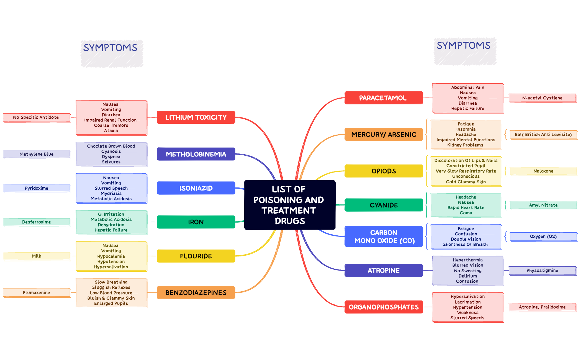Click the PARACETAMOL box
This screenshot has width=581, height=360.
(x=383, y=98)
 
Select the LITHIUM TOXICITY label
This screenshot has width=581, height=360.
(x=196, y=117)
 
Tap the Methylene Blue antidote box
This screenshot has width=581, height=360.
(x=37, y=154)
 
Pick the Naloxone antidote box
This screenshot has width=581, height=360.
(x=543, y=171)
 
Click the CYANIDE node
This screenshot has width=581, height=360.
(x=383, y=205)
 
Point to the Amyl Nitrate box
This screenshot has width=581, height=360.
(x=543, y=205)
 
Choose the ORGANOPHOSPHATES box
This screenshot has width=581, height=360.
(x=383, y=307)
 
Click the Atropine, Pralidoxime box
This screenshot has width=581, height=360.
(x=542, y=307)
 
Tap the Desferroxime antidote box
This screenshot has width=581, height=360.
(x=37, y=222)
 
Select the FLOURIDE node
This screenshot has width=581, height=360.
(x=196, y=256)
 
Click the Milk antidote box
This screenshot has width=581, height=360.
(x=37, y=256)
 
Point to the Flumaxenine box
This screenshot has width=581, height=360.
(x=37, y=293)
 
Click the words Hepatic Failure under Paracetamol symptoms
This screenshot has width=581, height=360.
(x=467, y=109)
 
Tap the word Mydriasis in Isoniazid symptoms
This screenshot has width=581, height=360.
(x=111, y=194)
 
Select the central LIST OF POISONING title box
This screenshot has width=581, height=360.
(x=289, y=205)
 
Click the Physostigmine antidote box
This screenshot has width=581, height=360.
(x=542, y=271)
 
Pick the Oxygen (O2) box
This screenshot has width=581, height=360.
(x=543, y=236)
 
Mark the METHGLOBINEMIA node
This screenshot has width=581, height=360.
(x=196, y=154)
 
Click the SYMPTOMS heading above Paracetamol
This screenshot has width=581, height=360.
(x=463, y=46)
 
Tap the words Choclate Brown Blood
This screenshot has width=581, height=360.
(x=111, y=146)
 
